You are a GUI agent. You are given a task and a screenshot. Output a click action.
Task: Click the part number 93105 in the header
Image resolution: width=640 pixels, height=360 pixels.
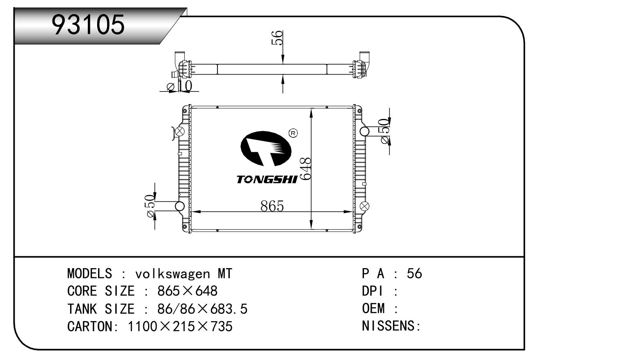88,25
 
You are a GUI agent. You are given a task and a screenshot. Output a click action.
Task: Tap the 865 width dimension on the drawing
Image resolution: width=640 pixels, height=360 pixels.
272,206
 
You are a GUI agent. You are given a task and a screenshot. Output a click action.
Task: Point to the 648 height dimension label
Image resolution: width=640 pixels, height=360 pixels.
306,169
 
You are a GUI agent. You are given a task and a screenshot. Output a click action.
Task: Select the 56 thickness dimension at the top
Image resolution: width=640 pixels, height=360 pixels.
277,38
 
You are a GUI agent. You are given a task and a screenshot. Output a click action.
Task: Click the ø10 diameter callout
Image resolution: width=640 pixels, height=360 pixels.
179,86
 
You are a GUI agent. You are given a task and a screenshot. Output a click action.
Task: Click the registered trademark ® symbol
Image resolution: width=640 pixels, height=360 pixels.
293,133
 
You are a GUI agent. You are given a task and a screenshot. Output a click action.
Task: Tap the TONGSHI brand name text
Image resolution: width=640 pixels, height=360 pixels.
267,179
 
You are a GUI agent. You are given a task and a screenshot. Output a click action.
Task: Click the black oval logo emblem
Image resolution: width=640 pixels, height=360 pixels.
266,148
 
